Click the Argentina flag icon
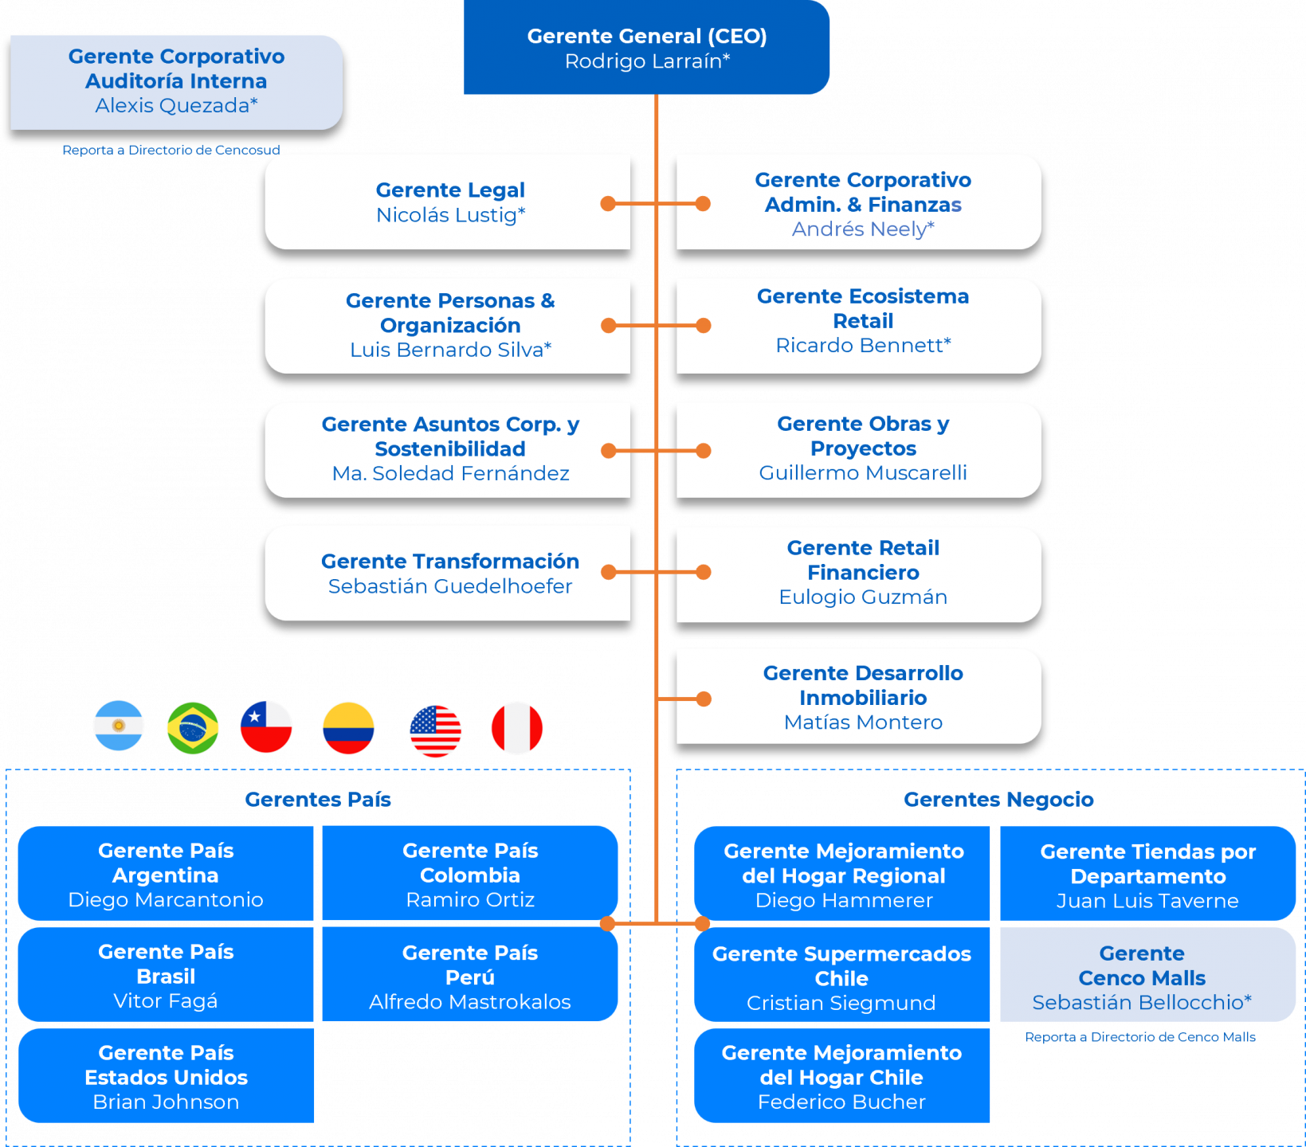[x=119, y=726]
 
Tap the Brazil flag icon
[x=193, y=728]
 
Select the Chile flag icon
[x=266, y=727]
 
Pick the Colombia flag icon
[x=348, y=728]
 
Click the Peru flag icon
[x=517, y=728]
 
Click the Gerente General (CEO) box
[x=646, y=47]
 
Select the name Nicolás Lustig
[x=451, y=215]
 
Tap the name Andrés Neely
[x=863, y=229]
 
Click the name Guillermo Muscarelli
[x=863, y=473]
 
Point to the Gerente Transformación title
[x=450, y=562]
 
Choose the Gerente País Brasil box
[x=166, y=974]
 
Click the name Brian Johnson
[x=166, y=1102]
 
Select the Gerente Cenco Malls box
[x=1147, y=974]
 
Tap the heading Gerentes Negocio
[x=998, y=800]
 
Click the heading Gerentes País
[x=318, y=800]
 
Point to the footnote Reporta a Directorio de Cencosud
[x=171, y=150]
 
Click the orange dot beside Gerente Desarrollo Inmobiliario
[x=704, y=699]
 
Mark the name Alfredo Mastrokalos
[x=470, y=1002]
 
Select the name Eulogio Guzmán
[x=863, y=597]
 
